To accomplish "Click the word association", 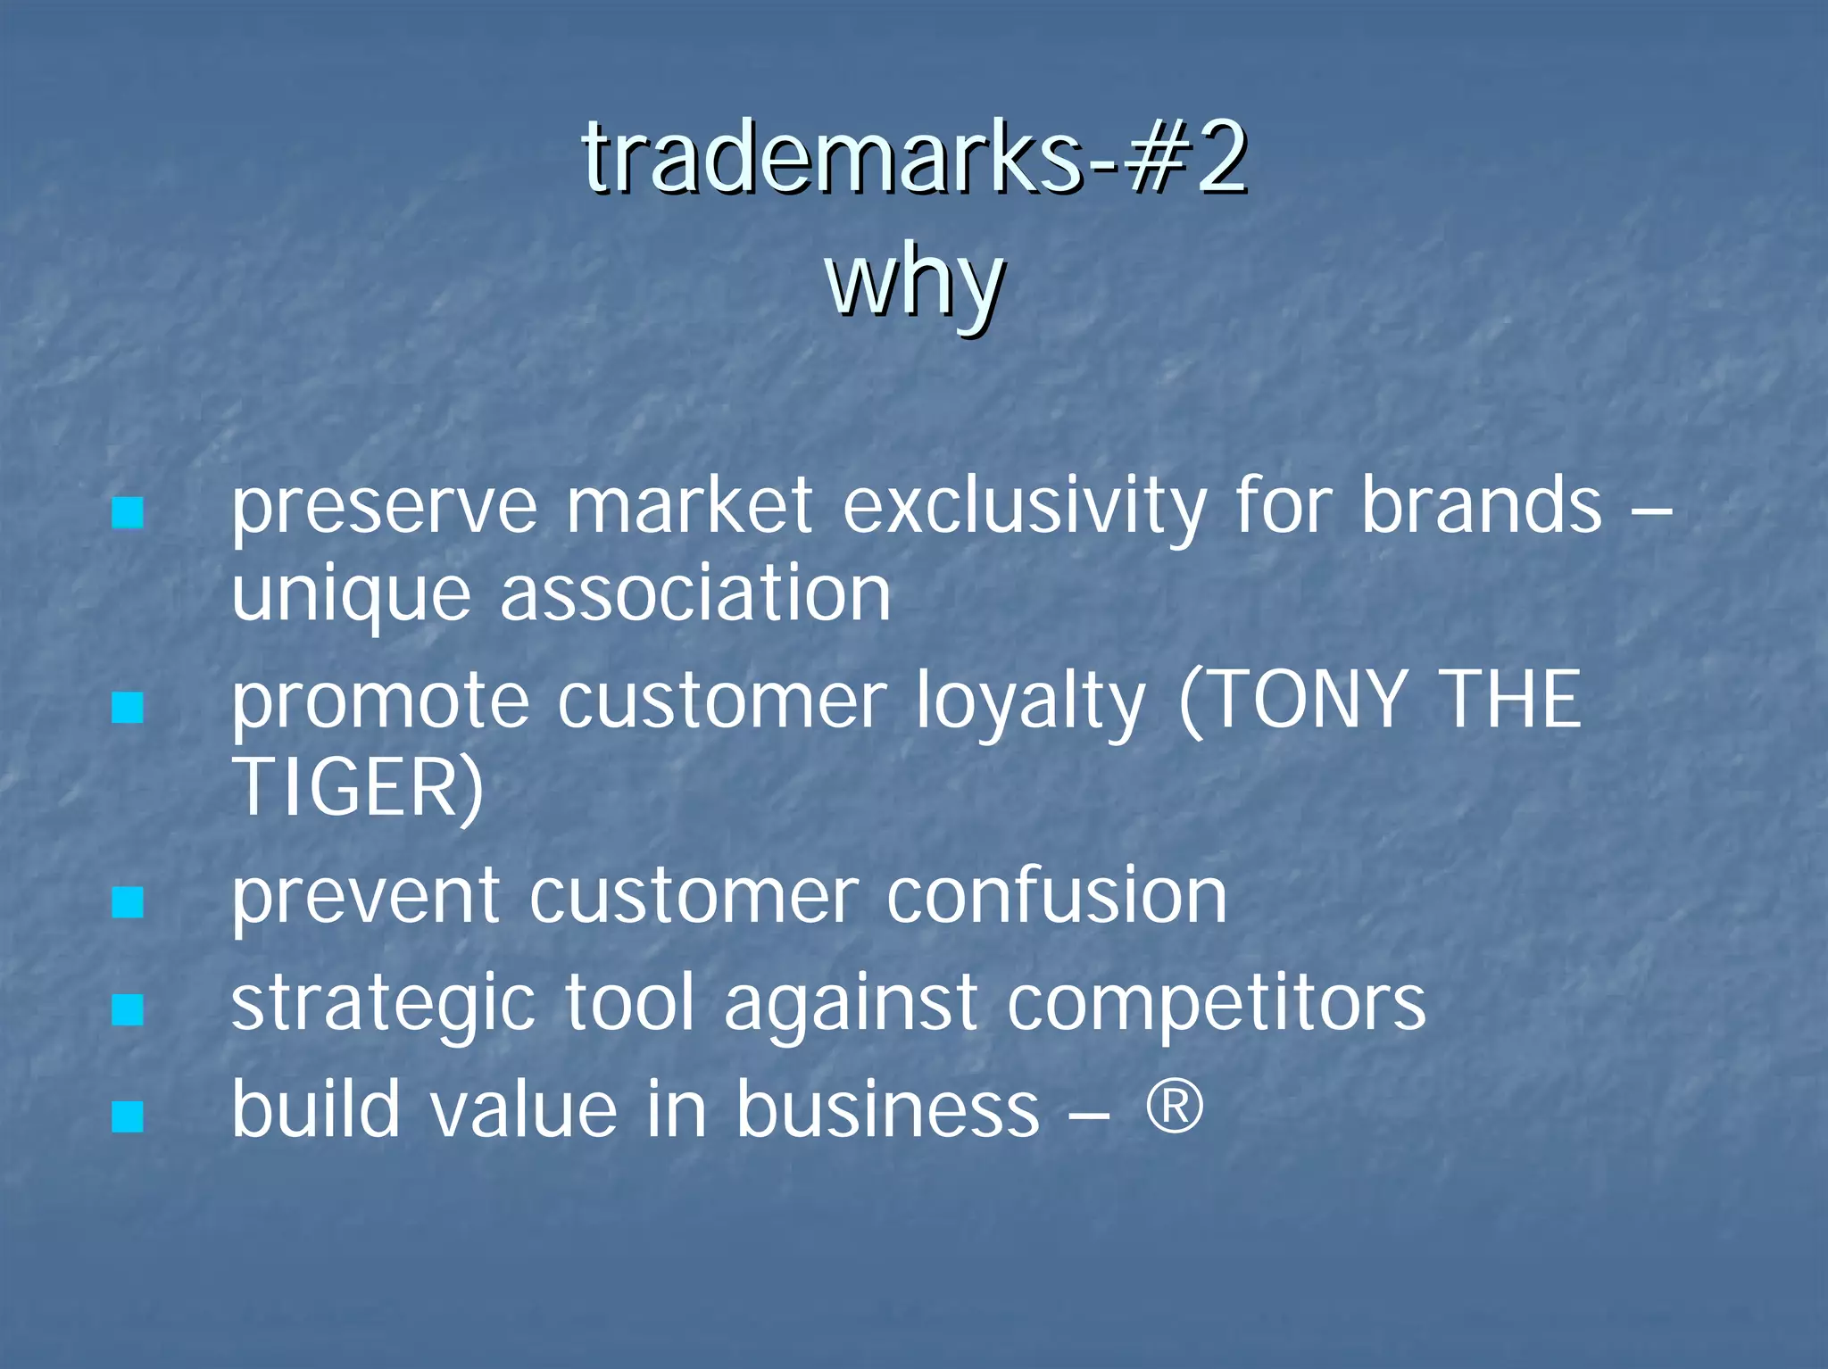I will pyautogui.click(x=695, y=594).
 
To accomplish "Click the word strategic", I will pyautogui.click(x=384, y=1005).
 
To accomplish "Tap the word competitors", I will pyautogui.click(x=1217, y=1005).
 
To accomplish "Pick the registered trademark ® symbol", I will pyautogui.click(x=1175, y=1107).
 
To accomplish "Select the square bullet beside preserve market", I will pyautogui.click(x=128, y=513).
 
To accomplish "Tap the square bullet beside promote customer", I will pyautogui.click(x=128, y=709).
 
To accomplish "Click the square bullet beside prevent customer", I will pyautogui.click(x=128, y=903).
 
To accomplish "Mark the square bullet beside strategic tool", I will pyautogui.click(x=128, y=1010).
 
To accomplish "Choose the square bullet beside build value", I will pyautogui.click(x=128, y=1116).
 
